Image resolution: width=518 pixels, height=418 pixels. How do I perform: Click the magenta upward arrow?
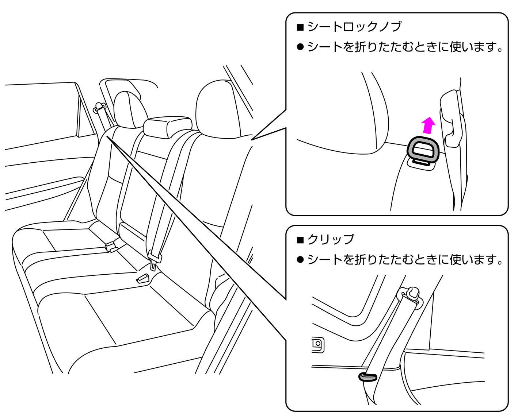(x=428, y=125)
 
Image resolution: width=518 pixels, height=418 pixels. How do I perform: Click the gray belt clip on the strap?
(x=367, y=377)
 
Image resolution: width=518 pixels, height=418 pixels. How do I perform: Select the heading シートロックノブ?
(x=354, y=27)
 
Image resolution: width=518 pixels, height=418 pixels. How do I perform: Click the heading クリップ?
(x=331, y=239)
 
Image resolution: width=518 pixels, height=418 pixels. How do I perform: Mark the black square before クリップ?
(x=300, y=240)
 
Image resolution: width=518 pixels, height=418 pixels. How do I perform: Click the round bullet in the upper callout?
(x=300, y=47)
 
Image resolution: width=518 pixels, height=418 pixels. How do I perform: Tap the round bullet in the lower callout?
(x=300, y=260)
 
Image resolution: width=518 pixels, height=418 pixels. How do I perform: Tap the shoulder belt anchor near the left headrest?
(x=99, y=108)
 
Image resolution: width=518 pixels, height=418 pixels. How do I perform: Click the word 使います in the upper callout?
(x=473, y=47)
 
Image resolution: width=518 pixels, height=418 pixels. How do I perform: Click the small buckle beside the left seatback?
(x=112, y=247)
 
